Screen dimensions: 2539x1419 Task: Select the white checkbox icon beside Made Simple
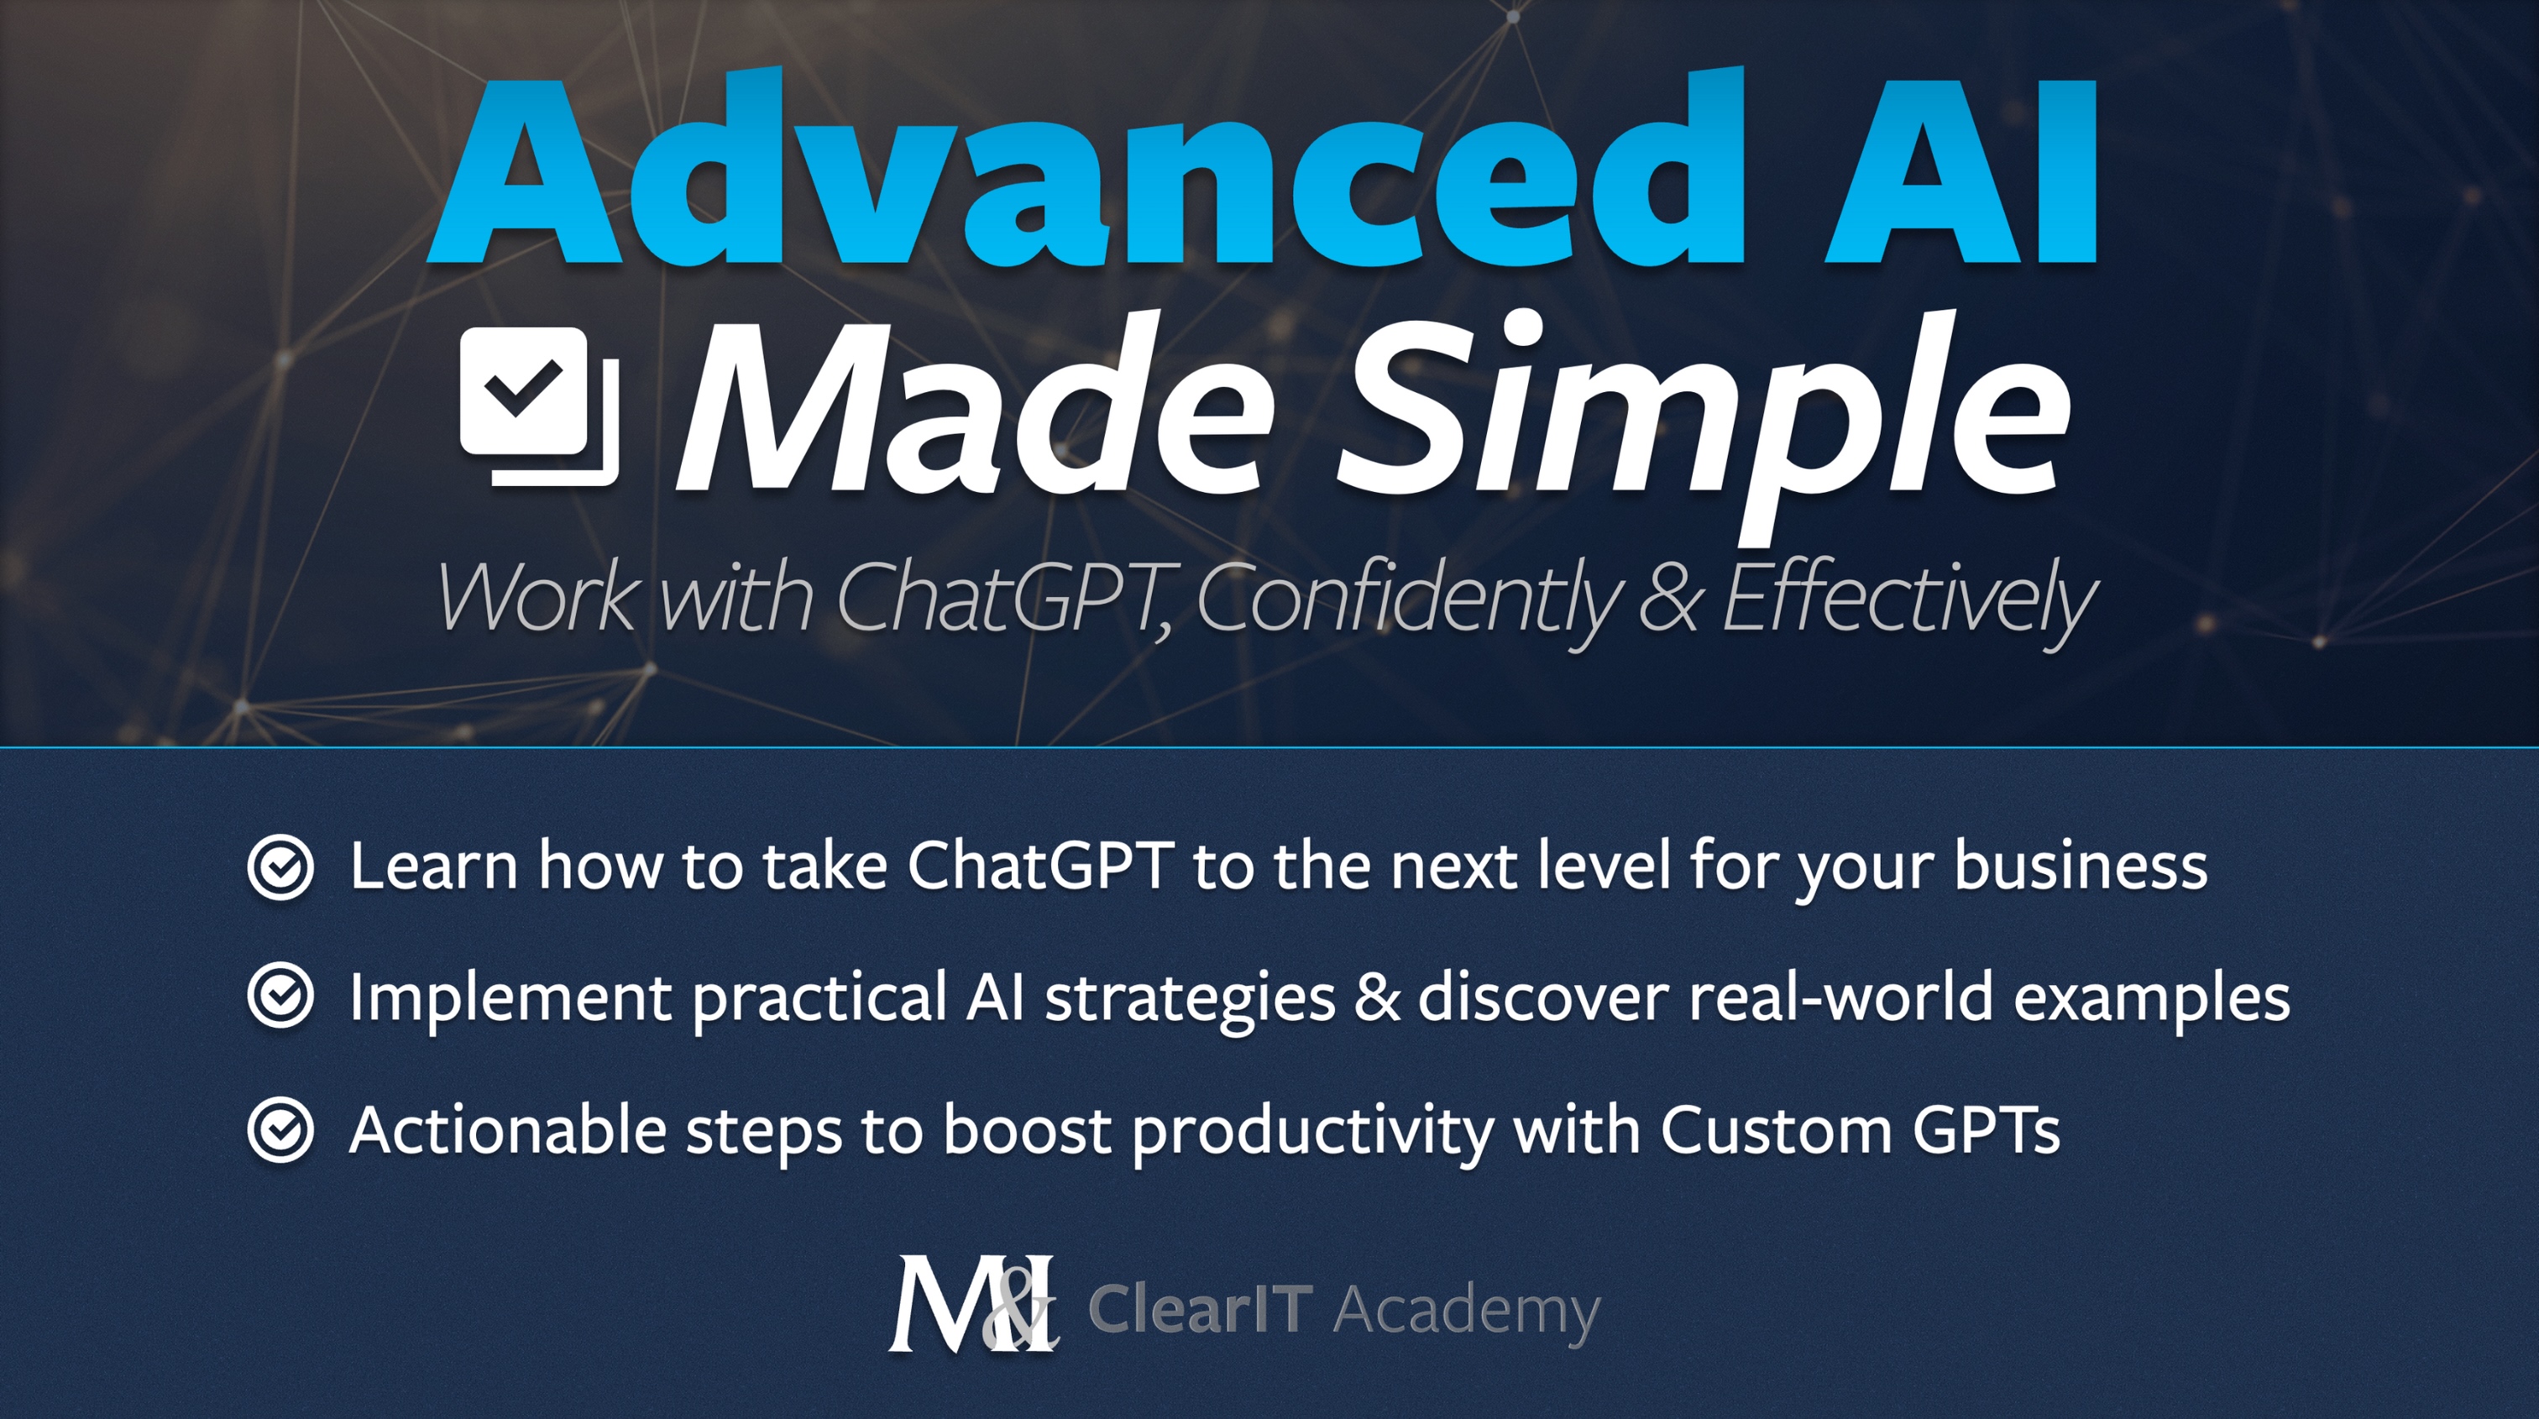click(x=539, y=406)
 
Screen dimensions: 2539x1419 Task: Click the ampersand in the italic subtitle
click(x=1668, y=597)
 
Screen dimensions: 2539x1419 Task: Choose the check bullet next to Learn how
click(x=281, y=867)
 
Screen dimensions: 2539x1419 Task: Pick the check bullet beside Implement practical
click(x=281, y=997)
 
